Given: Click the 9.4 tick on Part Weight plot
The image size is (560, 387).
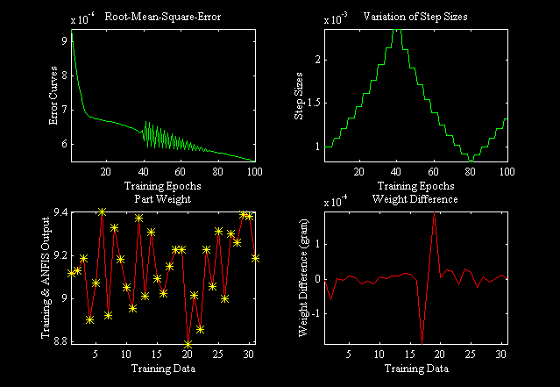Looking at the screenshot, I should (56, 212).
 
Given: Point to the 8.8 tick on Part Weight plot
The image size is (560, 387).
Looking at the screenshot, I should (56, 340).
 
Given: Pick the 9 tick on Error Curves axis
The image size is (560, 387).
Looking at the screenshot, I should (62, 39).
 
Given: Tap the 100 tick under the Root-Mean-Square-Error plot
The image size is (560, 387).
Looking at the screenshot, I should (255, 171).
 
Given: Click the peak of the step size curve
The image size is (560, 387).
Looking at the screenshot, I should (397, 29).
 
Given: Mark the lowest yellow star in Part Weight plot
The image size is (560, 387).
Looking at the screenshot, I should (188, 343).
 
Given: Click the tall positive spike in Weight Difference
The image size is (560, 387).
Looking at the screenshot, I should (434, 214).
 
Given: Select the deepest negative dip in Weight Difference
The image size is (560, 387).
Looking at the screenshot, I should (422, 340).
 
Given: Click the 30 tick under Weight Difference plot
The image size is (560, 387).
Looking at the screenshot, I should (500, 354).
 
